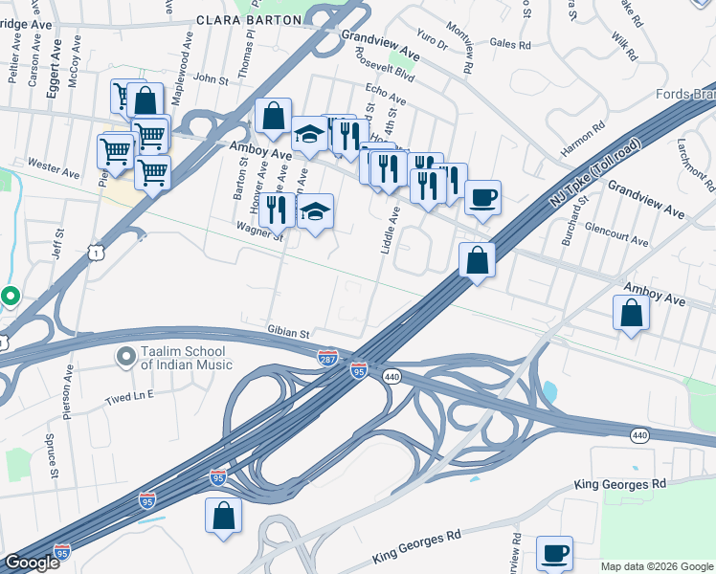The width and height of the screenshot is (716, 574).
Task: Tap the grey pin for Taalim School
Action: pyautogui.click(x=125, y=358)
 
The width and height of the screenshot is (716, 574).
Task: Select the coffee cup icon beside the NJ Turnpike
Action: pyautogui.click(x=482, y=197)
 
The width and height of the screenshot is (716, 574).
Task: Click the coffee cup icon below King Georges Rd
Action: pyautogui.click(x=554, y=552)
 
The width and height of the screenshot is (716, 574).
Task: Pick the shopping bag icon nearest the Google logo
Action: pyautogui.click(x=223, y=515)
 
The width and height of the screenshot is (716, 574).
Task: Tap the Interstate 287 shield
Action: pyautogui.click(x=327, y=356)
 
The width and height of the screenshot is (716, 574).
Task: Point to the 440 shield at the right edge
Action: pyautogui.click(x=639, y=435)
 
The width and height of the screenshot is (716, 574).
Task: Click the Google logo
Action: pyautogui.click(x=32, y=563)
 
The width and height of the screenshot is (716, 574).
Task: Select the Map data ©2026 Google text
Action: pyautogui.click(x=656, y=566)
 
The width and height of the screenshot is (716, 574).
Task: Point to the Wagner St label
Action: pyautogui.click(x=259, y=231)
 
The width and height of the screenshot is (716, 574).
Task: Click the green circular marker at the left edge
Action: pyautogui.click(x=10, y=297)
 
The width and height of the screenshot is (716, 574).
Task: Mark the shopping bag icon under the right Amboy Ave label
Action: pyautogui.click(x=631, y=314)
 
